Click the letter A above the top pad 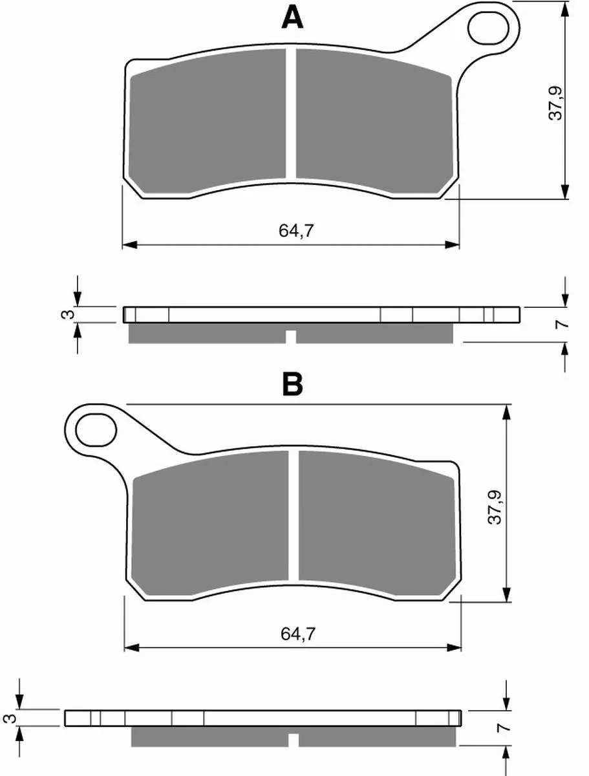(x=292, y=18)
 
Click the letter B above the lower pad (x=292, y=384)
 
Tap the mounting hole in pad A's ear (x=488, y=28)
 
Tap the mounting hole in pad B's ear (x=96, y=430)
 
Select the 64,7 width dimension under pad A (x=296, y=231)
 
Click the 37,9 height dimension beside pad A (x=555, y=103)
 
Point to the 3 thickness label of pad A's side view (x=68, y=314)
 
